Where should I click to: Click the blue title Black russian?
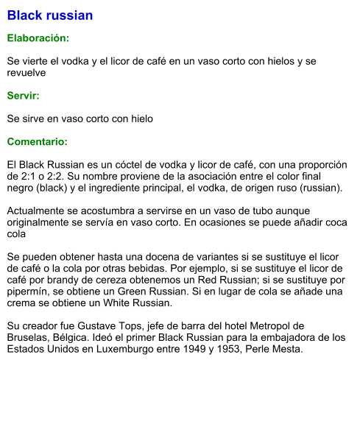pyautogui.click(x=50, y=15)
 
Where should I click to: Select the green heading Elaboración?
pyautogui.click(x=38, y=38)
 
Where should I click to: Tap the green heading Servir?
pyautogui.click(x=24, y=96)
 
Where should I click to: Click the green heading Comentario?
pyautogui.click(x=38, y=141)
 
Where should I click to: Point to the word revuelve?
pyautogui.click(x=27, y=73)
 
